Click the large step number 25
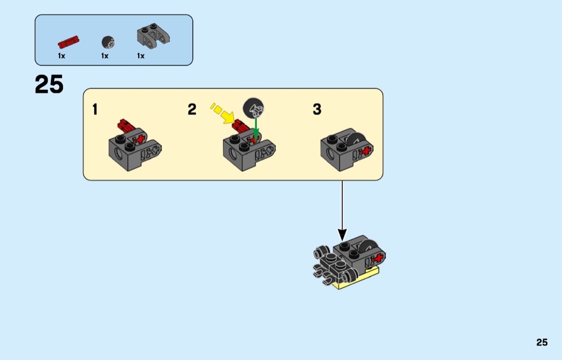[x=49, y=85]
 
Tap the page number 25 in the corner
[x=542, y=342]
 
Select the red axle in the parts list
[x=69, y=41]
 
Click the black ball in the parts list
[x=108, y=41]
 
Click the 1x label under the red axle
[x=62, y=56]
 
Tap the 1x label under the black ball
[x=105, y=56]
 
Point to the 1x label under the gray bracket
[x=141, y=56]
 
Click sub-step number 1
[x=95, y=110]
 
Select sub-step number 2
[x=192, y=110]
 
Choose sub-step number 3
[x=317, y=110]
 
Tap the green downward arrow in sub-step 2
[x=256, y=127]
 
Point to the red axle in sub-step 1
[x=126, y=126]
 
